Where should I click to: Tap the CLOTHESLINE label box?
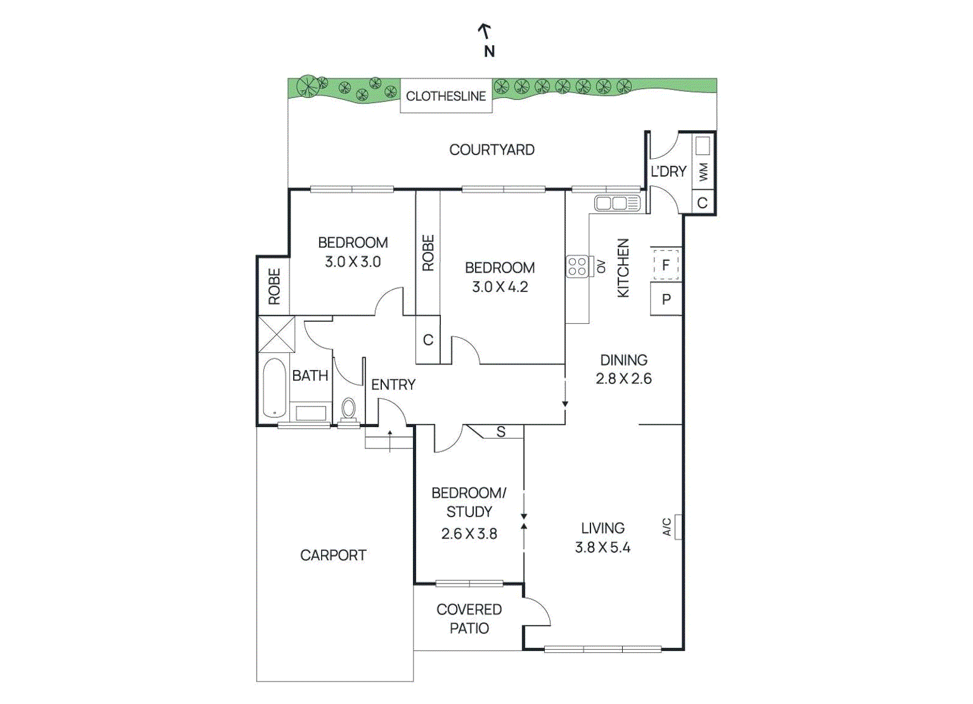(x=446, y=96)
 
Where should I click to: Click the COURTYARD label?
(x=492, y=150)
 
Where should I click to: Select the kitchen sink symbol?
(x=617, y=203)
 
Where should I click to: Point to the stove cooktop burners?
(x=577, y=267)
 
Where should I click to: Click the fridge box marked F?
(x=666, y=265)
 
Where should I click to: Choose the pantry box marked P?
(x=666, y=299)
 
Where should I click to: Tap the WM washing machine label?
(x=704, y=172)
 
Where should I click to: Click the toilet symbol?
(x=348, y=411)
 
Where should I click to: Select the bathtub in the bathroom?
(x=274, y=388)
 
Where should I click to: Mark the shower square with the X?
(x=276, y=334)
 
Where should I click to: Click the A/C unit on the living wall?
(x=677, y=527)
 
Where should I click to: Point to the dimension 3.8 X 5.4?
(x=603, y=548)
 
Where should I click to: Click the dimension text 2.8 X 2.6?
(x=624, y=379)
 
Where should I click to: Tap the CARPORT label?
(x=333, y=556)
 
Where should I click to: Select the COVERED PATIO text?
(x=469, y=619)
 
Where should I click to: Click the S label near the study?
(x=501, y=431)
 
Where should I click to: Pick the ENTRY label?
(x=393, y=385)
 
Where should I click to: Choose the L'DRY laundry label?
(x=668, y=172)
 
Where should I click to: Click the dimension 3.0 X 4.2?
(x=500, y=287)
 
